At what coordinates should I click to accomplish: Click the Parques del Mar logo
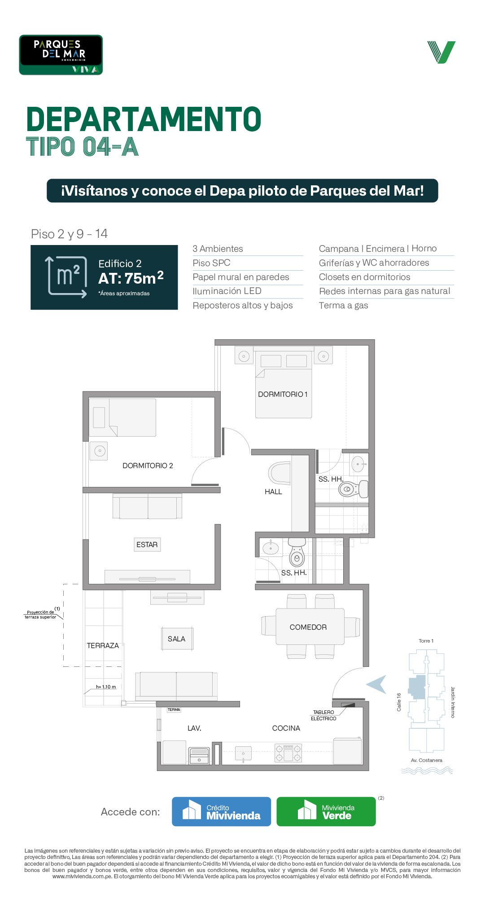click(x=61, y=55)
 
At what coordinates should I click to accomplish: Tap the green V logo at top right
click(x=441, y=52)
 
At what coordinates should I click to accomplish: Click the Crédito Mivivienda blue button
click(x=222, y=811)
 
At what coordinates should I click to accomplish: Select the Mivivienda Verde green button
click(x=326, y=811)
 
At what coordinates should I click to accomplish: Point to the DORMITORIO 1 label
click(x=283, y=394)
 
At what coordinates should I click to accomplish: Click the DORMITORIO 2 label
click(x=148, y=465)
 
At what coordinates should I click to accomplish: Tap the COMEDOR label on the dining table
click(x=308, y=627)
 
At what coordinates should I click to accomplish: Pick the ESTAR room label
click(x=147, y=544)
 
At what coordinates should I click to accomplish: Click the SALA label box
click(x=177, y=639)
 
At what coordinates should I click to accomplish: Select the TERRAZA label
click(x=103, y=645)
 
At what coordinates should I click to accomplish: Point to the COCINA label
click(x=286, y=728)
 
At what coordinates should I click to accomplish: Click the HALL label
click(x=273, y=491)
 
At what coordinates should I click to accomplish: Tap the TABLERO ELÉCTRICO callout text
click(x=323, y=715)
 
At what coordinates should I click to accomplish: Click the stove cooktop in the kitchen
click(x=288, y=753)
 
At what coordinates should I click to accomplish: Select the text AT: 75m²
click(x=131, y=278)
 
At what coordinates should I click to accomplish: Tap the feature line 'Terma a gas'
click(x=344, y=305)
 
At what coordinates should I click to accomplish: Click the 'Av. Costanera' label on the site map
click(x=427, y=760)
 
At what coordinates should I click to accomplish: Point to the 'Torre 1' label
click(x=426, y=641)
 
